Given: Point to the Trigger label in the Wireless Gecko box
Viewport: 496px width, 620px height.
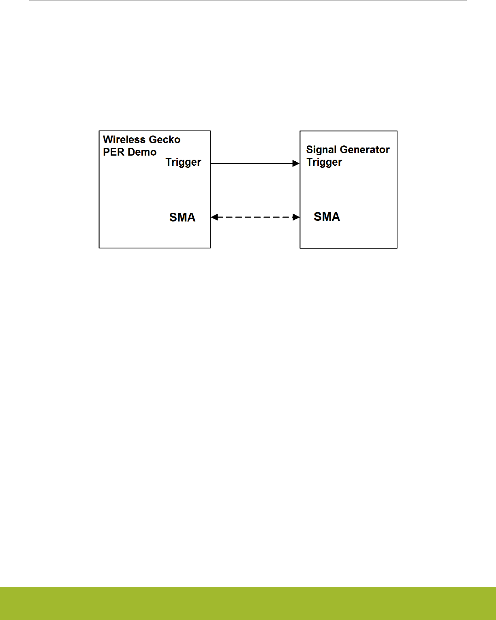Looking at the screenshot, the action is coord(183,162).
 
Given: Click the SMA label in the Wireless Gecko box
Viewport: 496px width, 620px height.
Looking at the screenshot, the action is coord(182,218).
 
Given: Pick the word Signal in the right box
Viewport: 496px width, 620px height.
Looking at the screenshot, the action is coord(321,150).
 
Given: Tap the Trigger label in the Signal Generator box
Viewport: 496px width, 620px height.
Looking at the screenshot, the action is coord(324,162).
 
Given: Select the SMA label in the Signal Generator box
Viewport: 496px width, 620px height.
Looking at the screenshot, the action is coord(327,217).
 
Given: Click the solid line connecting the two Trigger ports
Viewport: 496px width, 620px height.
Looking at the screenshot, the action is coord(251,163).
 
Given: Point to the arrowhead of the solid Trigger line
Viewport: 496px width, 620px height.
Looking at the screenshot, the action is coord(296,163).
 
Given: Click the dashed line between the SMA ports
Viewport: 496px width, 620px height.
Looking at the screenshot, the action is coord(255,217).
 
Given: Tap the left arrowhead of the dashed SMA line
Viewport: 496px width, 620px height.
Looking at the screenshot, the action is coord(214,217).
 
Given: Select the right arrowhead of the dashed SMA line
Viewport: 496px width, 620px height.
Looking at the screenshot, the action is coord(297,217).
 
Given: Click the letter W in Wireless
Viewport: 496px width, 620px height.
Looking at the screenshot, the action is coord(108,139).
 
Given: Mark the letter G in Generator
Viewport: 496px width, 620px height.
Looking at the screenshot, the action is coord(344,150).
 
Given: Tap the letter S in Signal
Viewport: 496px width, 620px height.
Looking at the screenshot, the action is coord(310,150).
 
